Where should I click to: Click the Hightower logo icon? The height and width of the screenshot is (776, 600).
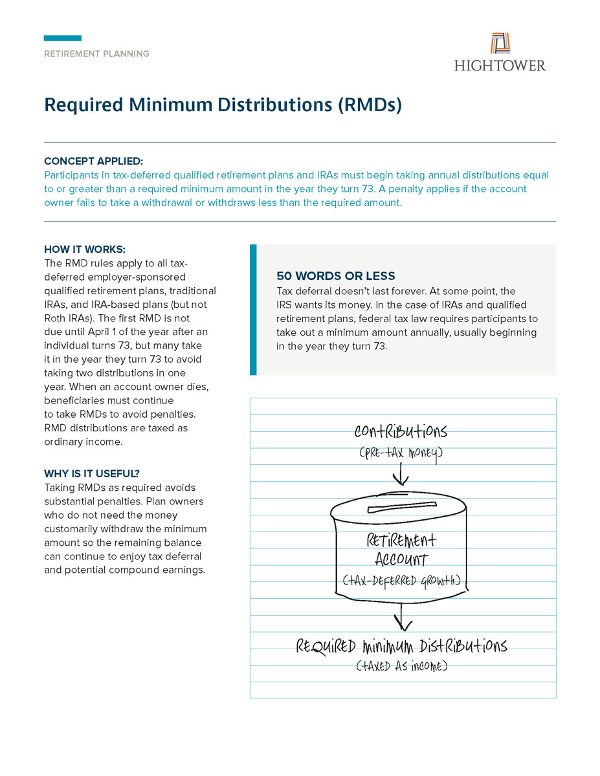point(500,43)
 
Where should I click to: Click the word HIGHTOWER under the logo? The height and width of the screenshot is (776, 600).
point(500,65)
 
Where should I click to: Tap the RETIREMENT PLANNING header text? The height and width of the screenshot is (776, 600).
point(96,54)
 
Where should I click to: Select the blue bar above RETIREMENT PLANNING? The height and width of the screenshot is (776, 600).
point(63,38)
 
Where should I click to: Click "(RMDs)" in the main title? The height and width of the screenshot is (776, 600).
point(370,105)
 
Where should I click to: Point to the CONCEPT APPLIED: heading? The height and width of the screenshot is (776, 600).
point(94,161)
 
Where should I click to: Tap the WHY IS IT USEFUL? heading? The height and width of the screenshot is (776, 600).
point(92,473)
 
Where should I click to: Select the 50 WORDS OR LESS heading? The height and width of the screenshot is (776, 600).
point(335,275)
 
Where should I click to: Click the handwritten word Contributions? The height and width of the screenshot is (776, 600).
point(401,431)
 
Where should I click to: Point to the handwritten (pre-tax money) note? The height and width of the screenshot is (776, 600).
point(401,454)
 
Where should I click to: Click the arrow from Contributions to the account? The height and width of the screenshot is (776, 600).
point(401,476)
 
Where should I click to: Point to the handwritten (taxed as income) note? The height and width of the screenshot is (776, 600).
point(401,666)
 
